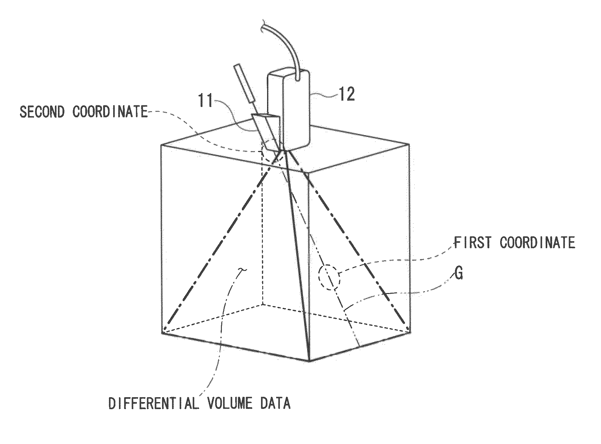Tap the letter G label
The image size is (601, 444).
[458, 273]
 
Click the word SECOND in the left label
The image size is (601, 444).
[42, 112]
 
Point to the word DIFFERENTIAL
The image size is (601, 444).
[153, 403]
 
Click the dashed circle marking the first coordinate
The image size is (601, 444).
[329, 277]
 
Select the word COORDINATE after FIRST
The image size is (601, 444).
[538, 242]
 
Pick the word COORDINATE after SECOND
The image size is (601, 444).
[110, 112]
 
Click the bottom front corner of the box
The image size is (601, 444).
[309, 361]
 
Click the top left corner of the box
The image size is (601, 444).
[161, 145]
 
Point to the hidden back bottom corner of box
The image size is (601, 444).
[263, 304]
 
